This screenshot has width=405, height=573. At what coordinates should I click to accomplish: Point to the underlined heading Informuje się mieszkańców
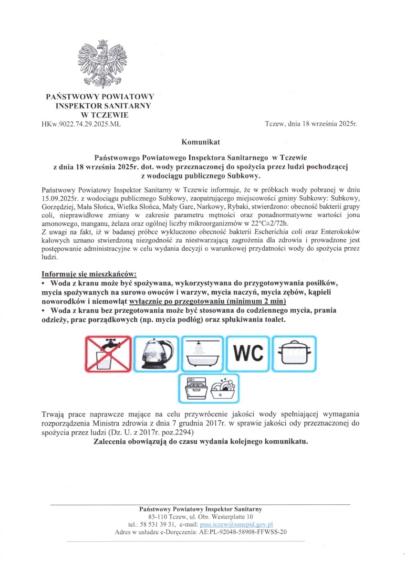89,275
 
